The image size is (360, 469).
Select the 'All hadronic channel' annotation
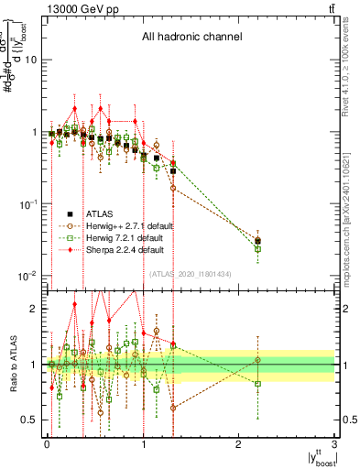pos(191,38)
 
